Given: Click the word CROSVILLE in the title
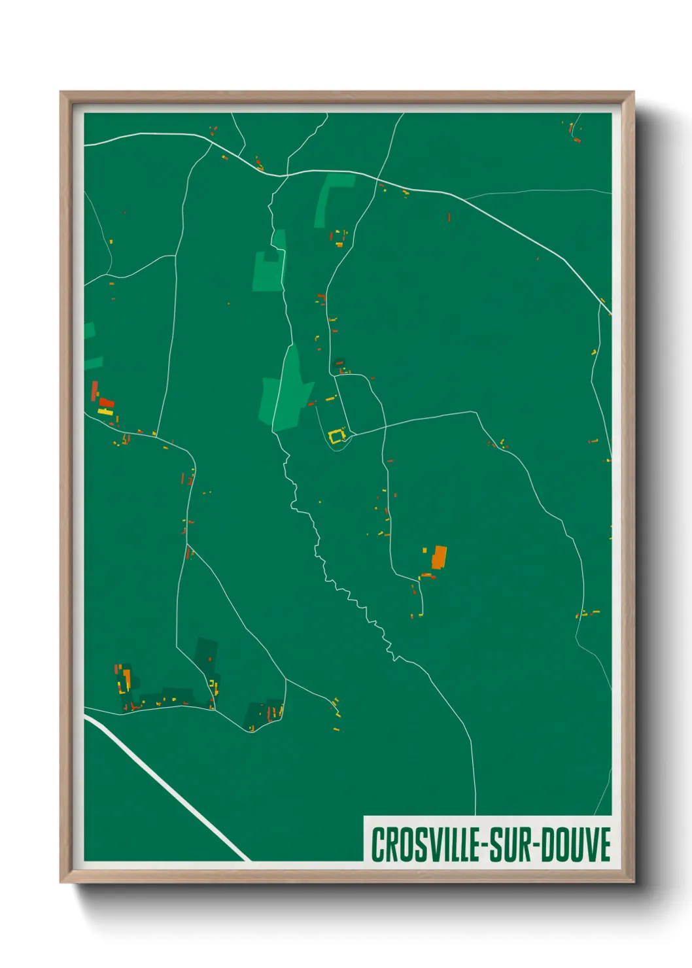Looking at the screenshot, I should pos(425,844).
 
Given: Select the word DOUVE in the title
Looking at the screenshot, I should pos(576,844).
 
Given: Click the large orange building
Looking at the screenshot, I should pos(439,557).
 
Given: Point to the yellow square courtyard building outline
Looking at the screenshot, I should pos(336,436).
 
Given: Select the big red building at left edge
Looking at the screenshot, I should pos(106,402).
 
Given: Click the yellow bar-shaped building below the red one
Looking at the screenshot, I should pos(105,412).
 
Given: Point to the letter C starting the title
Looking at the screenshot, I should pos(377,844).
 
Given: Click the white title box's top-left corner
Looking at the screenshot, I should pos(364,817).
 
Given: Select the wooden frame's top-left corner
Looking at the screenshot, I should pos(61,92).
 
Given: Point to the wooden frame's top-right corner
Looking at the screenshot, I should pos(633,92).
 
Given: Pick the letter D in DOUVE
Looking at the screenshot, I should pos(546,844).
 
